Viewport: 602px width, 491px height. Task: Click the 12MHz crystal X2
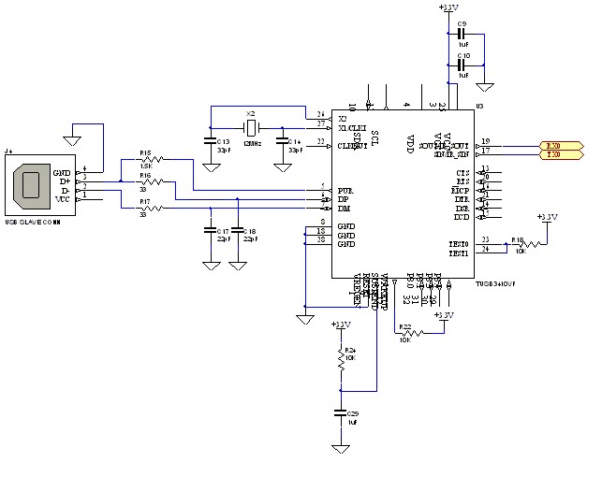pyautogui.click(x=250, y=127)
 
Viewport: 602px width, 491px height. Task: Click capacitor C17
pyautogui.click(x=210, y=230)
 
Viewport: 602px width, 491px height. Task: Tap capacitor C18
pyautogui.click(x=238, y=230)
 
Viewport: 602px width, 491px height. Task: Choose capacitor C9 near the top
pyautogui.click(x=463, y=36)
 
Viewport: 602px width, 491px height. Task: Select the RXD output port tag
pyautogui.click(x=563, y=145)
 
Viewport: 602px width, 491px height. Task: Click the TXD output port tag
pyautogui.click(x=563, y=153)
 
